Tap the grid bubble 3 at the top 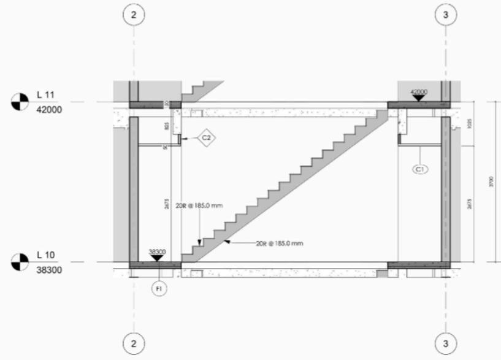click(x=446, y=14)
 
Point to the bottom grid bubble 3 click(x=446, y=342)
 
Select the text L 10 click(x=45, y=255)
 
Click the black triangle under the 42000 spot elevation click(x=418, y=98)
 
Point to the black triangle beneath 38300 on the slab click(x=157, y=258)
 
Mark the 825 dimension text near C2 click(x=166, y=126)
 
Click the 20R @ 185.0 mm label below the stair click(x=279, y=243)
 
